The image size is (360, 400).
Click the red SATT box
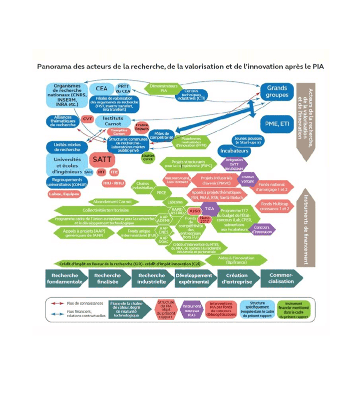(103, 159)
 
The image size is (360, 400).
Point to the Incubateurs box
(234, 151)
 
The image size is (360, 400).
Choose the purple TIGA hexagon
(210, 208)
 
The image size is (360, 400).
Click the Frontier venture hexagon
(248, 179)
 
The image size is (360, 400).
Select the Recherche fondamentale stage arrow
(65, 279)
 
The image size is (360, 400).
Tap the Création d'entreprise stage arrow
(236, 279)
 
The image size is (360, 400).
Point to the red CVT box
(88, 119)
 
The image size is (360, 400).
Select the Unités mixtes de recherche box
(66, 147)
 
